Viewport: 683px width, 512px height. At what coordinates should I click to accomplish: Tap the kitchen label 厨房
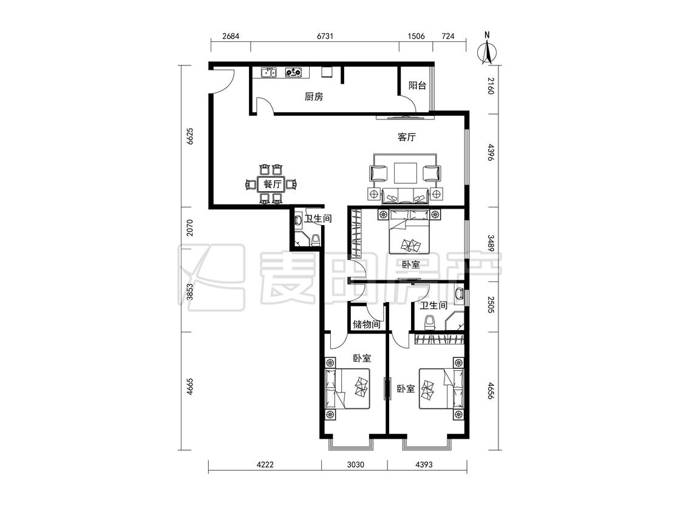coord(314,96)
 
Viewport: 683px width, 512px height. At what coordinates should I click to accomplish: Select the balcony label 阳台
coord(417,86)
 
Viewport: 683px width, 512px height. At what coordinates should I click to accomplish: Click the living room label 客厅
coord(406,137)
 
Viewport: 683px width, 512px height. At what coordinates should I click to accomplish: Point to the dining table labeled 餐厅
coord(271,184)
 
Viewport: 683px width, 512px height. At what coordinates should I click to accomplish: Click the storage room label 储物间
coord(366,324)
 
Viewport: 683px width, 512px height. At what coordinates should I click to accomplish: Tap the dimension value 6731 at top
coord(325,36)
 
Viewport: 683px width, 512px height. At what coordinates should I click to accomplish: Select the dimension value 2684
coord(231,36)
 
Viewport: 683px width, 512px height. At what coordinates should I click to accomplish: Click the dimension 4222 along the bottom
coord(265,465)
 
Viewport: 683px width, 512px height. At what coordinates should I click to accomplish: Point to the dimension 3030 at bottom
coord(355,465)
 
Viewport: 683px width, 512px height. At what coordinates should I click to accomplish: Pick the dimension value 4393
coord(424,465)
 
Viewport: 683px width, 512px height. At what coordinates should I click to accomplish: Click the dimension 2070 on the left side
coord(189,227)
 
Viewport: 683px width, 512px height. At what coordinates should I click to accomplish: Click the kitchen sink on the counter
coord(268,72)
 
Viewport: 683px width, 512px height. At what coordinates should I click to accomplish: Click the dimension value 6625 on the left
coord(189,136)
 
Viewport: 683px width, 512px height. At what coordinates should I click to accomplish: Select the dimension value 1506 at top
coord(416,36)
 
